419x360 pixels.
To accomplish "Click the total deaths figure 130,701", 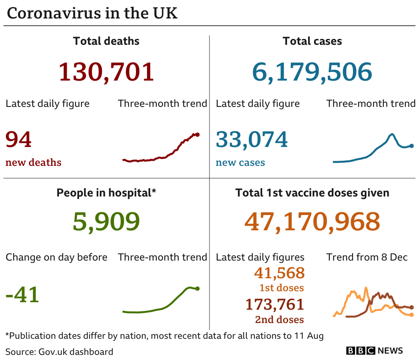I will [x=106, y=72].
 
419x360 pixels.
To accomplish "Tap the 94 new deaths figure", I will [x=18, y=140].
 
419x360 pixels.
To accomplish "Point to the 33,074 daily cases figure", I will [x=252, y=140].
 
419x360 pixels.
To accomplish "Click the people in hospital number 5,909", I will [x=106, y=221].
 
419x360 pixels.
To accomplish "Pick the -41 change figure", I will [x=22, y=294].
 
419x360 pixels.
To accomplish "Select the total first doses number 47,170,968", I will [x=312, y=221].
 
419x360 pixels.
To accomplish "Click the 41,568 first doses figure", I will [x=279, y=273].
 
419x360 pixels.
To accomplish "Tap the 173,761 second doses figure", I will [x=275, y=304].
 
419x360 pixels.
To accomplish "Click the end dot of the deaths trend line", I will [x=197, y=134].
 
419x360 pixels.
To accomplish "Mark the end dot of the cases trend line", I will [x=412, y=146].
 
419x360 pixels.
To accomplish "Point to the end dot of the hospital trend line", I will [x=197, y=288].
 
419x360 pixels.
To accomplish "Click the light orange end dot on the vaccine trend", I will [x=412, y=314].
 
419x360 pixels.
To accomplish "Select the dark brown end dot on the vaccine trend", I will [x=412, y=307].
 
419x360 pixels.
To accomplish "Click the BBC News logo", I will [x=375, y=351].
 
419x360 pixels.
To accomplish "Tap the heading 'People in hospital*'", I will [x=106, y=193].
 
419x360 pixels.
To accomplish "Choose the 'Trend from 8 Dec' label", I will [x=367, y=257].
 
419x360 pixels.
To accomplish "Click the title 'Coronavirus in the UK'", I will [x=92, y=13].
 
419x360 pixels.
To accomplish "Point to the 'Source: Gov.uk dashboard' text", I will [x=59, y=351].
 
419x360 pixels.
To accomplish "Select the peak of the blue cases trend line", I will [x=392, y=135].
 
